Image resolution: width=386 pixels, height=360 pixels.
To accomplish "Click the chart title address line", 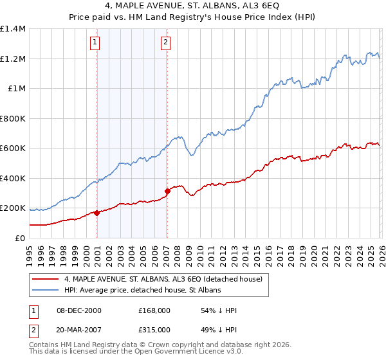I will click(x=193, y=6).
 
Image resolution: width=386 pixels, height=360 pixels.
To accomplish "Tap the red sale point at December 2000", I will click(x=97, y=213).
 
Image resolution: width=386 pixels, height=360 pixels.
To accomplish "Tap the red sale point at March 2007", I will click(x=167, y=191).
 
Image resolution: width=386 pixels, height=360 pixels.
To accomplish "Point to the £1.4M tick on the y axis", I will click(x=13, y=29).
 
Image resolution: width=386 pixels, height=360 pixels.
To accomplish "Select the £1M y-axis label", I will click(x=15, y=89).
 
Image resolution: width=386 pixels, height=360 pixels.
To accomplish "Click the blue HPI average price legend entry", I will click(x=142, y=291).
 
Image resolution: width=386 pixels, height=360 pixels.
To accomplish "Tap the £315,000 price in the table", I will click(x=154, y=330).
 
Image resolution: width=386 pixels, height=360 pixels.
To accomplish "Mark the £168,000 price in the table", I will click(x=154, y=310).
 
